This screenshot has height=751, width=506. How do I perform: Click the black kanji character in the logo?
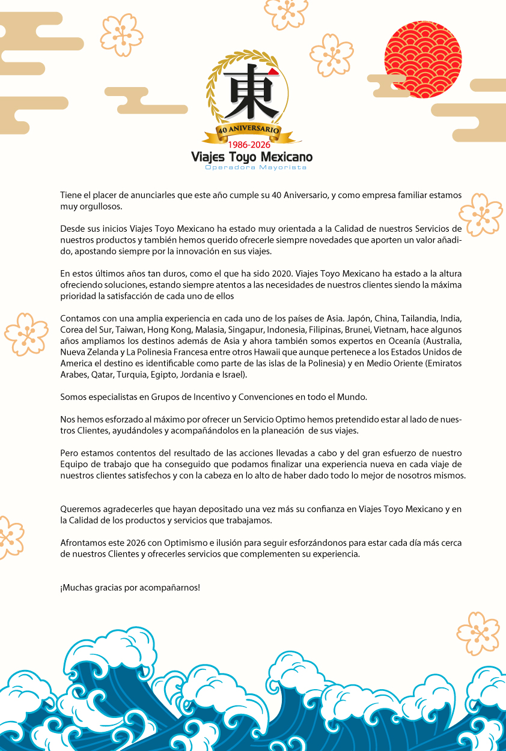[x=252, y=94]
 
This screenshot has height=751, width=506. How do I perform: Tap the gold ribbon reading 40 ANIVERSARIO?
[x=249, y=130]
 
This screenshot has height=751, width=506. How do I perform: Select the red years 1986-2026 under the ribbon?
[x=249, y=145]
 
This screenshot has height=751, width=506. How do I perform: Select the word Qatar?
[x=100, y=375]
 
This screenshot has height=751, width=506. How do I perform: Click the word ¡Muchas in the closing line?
[x=75, y=587]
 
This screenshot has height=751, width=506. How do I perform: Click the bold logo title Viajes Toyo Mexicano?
[x=252, y=157]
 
